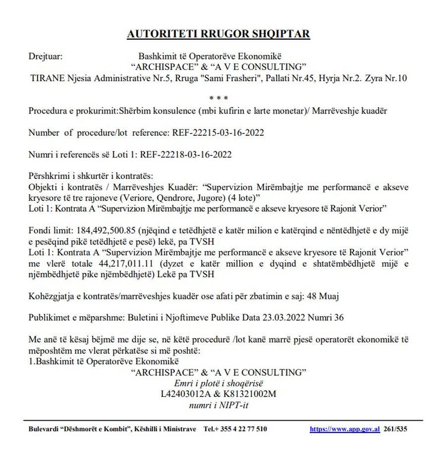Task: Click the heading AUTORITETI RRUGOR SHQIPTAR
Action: click(219, 34)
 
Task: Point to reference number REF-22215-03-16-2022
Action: click(218, 133)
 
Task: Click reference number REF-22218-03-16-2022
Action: click(186, 155)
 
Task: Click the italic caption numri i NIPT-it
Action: click(219, 405)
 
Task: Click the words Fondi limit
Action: click(47, 230)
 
